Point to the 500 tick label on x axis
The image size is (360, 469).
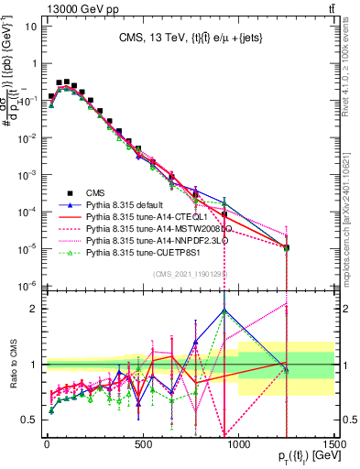click(143, 445)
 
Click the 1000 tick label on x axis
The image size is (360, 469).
click(239, 445)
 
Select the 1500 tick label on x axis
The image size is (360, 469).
click(333, 445)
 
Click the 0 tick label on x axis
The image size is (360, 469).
click(47, 445)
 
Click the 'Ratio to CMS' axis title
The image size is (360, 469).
click(11, 365)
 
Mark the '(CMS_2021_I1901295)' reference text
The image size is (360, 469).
click(190, 274)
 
